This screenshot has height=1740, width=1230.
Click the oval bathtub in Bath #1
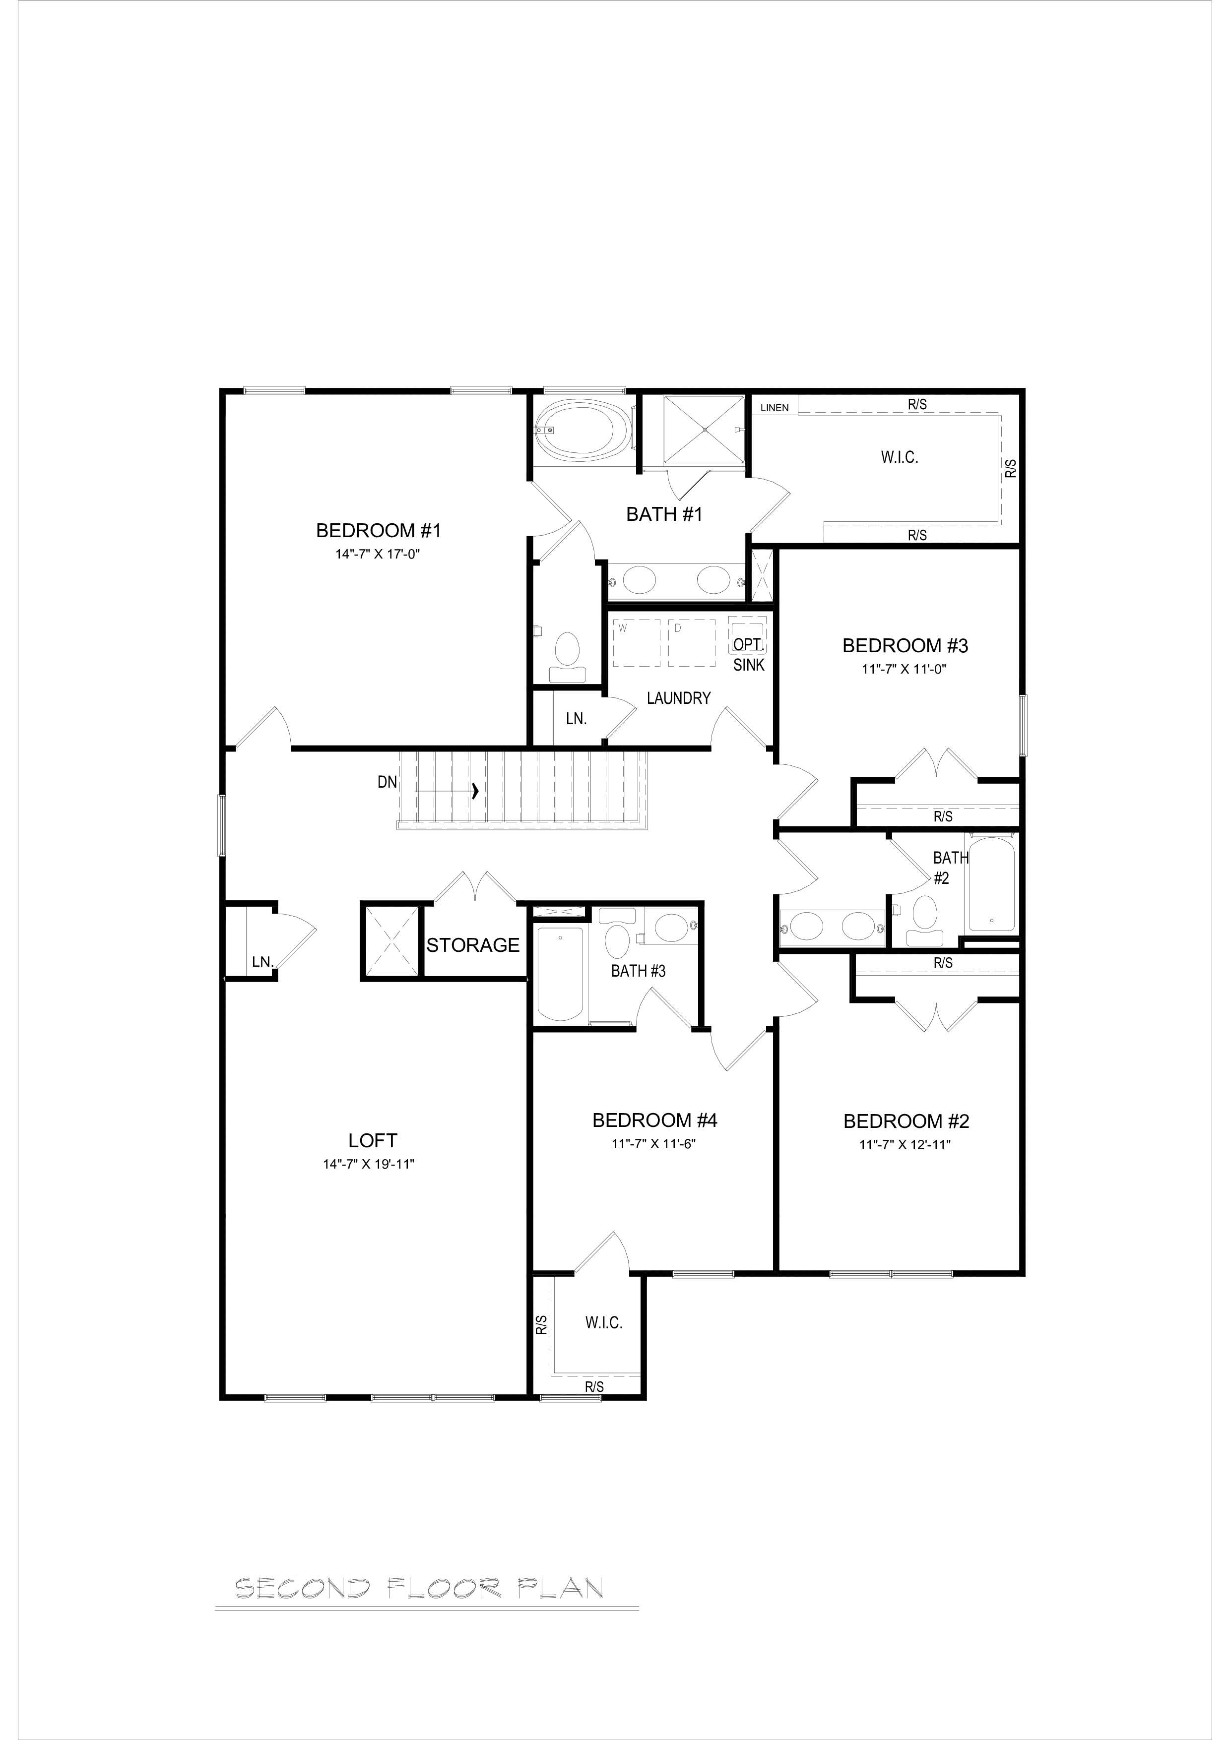coord(583,430)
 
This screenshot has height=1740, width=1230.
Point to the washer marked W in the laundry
coord(636,643)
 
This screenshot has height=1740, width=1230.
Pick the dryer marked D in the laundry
coord(691,643)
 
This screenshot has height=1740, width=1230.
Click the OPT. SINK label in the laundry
coord(748,654)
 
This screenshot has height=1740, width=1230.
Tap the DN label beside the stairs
coord(388,782)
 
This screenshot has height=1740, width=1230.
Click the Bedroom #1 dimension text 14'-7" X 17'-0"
coord(378,554)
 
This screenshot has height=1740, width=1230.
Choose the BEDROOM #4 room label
coord(655,1120)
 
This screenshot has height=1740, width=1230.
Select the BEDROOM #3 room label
coord(906,646)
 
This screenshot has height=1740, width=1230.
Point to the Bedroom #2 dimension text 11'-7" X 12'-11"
coord(905,1144)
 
